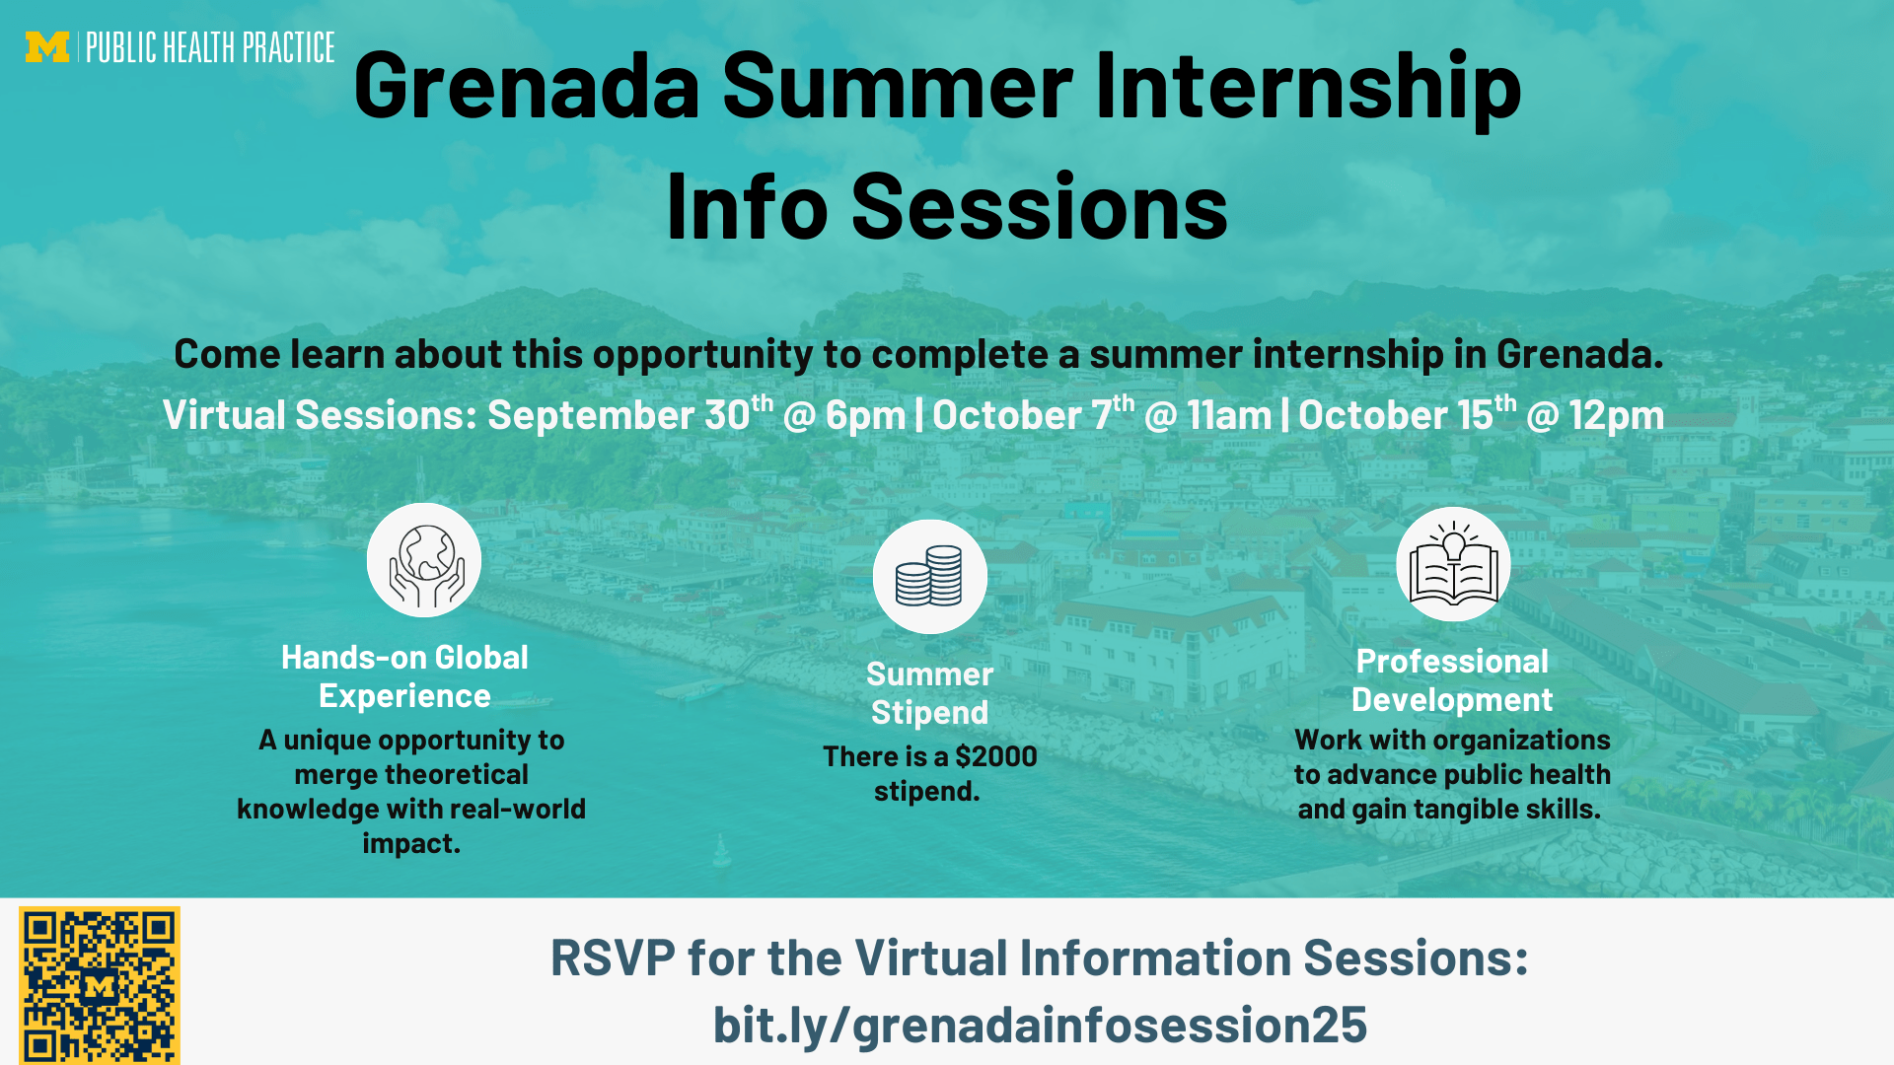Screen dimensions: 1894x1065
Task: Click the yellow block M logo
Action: [x=47, y=47]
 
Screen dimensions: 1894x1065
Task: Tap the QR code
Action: [x=100, y=985]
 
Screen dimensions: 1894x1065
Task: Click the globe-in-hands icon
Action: [x=424, y=560]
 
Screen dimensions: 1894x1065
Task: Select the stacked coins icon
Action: [x=929, y=577]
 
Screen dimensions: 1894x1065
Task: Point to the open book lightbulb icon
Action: [x=1453, y=564]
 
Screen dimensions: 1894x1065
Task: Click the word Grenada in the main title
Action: [x=527, y=87]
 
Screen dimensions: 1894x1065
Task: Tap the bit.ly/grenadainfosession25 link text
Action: [x=1040, y=1025]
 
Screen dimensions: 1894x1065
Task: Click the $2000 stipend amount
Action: [x=996, y=756]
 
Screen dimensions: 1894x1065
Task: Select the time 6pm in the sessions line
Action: [x=865, y=415]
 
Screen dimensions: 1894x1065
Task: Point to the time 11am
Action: [x=1229, y=415]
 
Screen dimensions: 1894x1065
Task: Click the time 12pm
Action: [x=1617, y=415]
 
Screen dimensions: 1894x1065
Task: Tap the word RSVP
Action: [x=613, y=958]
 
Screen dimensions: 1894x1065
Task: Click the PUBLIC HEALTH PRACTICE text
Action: [x=210, y=47]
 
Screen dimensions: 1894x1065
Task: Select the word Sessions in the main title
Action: [x=1040, y=207]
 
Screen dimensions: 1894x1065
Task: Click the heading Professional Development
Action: [x=1452, y=680]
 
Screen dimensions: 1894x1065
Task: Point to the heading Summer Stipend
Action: [x=929, y=693]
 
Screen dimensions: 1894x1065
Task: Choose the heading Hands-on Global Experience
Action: [x=404, y=676]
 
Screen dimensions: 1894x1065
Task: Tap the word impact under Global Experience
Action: [x=411, y=844]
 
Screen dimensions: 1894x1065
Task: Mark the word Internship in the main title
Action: [x=1308, y=87]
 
